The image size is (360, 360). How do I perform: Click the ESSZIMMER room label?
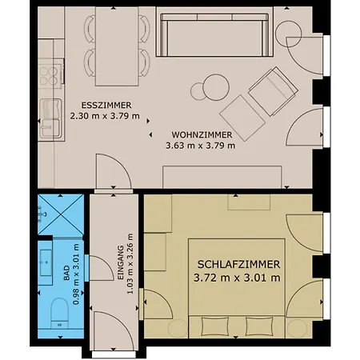(106, 106)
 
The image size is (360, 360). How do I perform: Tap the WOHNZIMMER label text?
(202, 135)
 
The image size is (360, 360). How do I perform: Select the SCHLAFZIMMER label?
(238, 265)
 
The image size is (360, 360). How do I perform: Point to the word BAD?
(66, 273)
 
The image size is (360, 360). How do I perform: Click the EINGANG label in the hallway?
(121, 262)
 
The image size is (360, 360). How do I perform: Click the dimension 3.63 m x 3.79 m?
(201, 146)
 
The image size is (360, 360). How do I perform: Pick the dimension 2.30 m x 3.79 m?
(105, 116)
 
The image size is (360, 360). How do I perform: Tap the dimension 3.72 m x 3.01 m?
(237, 278)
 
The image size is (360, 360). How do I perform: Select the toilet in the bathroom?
(60, 313)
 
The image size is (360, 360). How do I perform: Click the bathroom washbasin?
(46, 262)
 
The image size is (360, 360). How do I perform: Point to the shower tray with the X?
(61, 214)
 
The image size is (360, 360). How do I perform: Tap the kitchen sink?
(50, 118)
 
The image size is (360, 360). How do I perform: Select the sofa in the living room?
(214, 35)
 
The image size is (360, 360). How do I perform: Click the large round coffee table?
(216, 87)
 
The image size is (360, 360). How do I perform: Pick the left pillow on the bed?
(215, 326)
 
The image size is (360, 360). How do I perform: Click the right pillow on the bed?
(259, 326)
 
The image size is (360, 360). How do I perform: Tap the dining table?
(117, 46)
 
